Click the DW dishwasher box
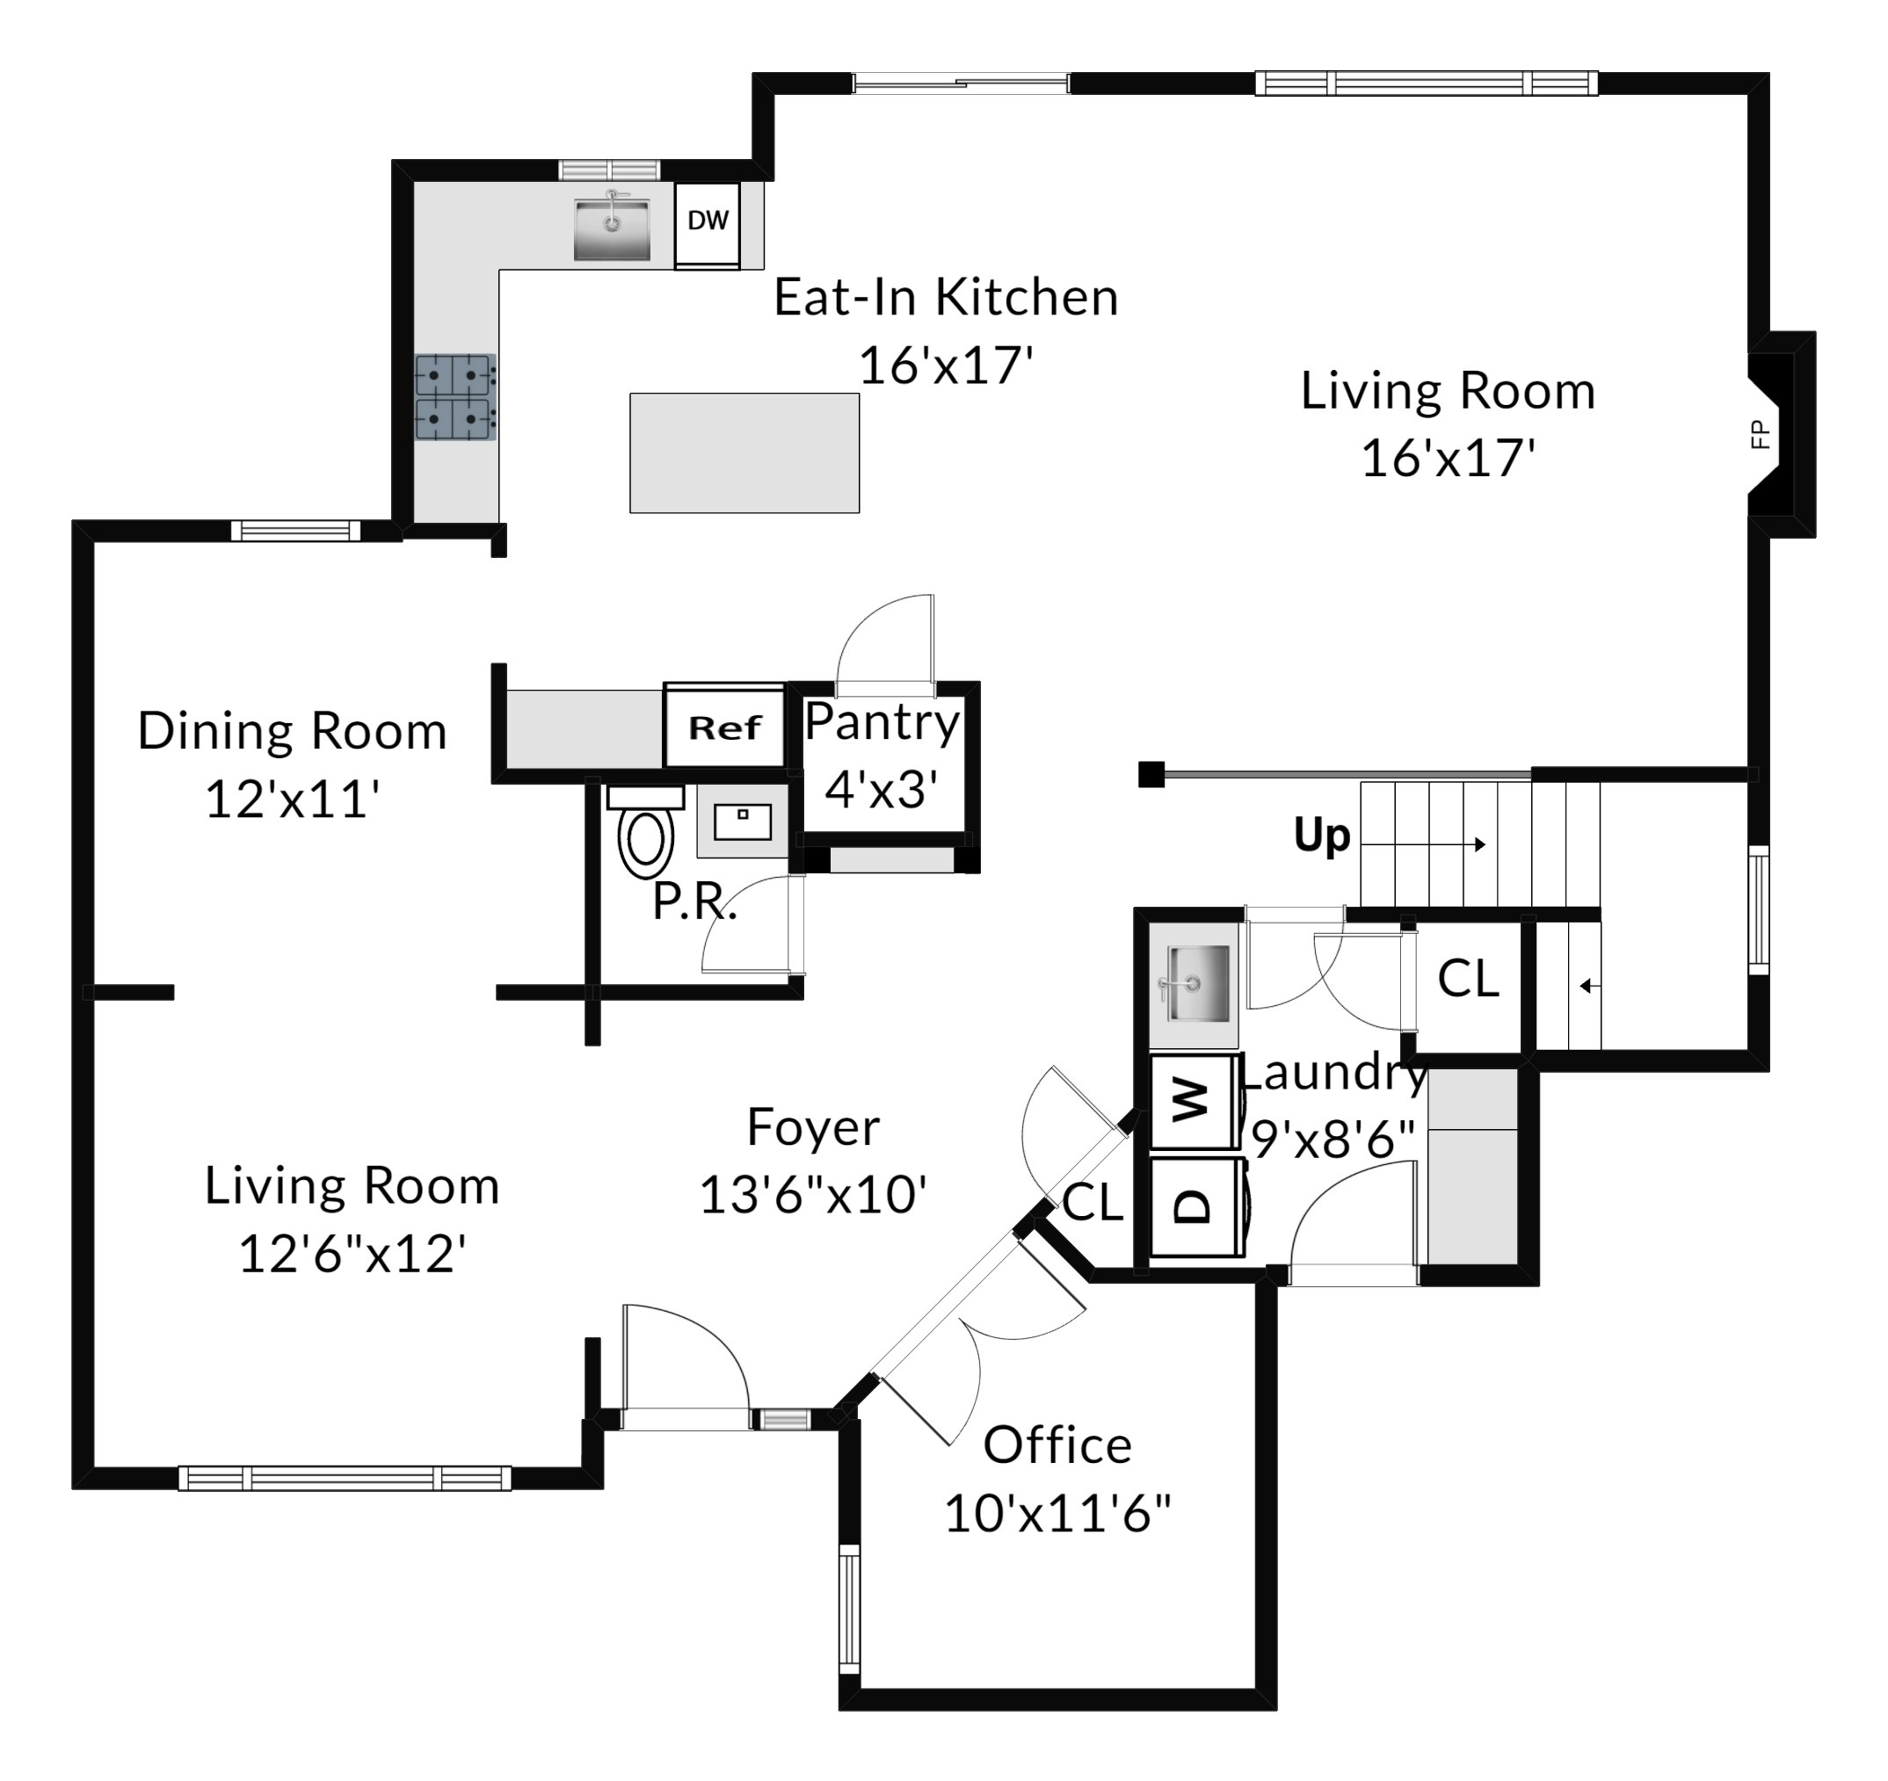click(x=707, y=225)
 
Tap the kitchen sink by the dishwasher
click(x=612, y=228)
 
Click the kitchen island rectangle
click(x=744, y=452)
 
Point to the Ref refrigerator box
click(x=724, y=728)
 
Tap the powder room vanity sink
click(x=743, y=822)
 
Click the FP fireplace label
click(x=1760, y=435)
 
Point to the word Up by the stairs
click(x=1322, y=836)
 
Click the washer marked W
click(x=1193, y=1101)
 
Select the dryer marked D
click(x=1193, y=1206)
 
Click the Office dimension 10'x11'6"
click(x=1058, y=1512)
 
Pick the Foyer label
click(x=813, y=1128)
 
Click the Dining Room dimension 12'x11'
click(x=293, y=799)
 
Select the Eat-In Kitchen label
click(x=946, y=297)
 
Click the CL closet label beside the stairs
click(x=1468, y=978)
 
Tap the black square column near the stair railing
click(x=1151, y=775)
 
